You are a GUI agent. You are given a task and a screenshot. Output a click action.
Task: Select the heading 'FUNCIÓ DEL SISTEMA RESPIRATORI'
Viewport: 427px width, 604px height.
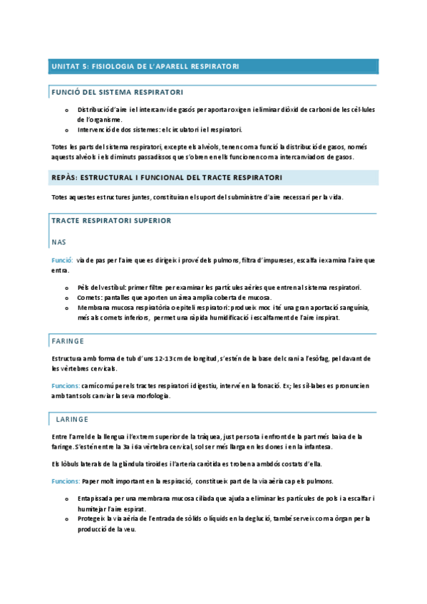117,93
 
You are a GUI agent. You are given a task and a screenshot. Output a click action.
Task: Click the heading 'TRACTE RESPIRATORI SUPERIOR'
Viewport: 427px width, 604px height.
111,221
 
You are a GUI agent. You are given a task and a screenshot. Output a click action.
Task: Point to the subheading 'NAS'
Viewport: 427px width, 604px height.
59,242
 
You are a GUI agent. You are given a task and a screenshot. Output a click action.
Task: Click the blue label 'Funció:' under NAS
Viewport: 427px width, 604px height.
62,261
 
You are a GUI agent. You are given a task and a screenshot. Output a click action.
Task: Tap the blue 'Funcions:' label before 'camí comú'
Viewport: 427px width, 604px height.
66,385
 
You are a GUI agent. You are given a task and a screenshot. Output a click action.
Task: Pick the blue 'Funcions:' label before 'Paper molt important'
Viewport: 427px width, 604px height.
66,481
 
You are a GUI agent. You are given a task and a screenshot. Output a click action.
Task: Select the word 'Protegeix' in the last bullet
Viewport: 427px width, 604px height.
93,519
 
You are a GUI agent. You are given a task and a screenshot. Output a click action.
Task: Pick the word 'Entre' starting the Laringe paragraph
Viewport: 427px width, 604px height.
60,437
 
